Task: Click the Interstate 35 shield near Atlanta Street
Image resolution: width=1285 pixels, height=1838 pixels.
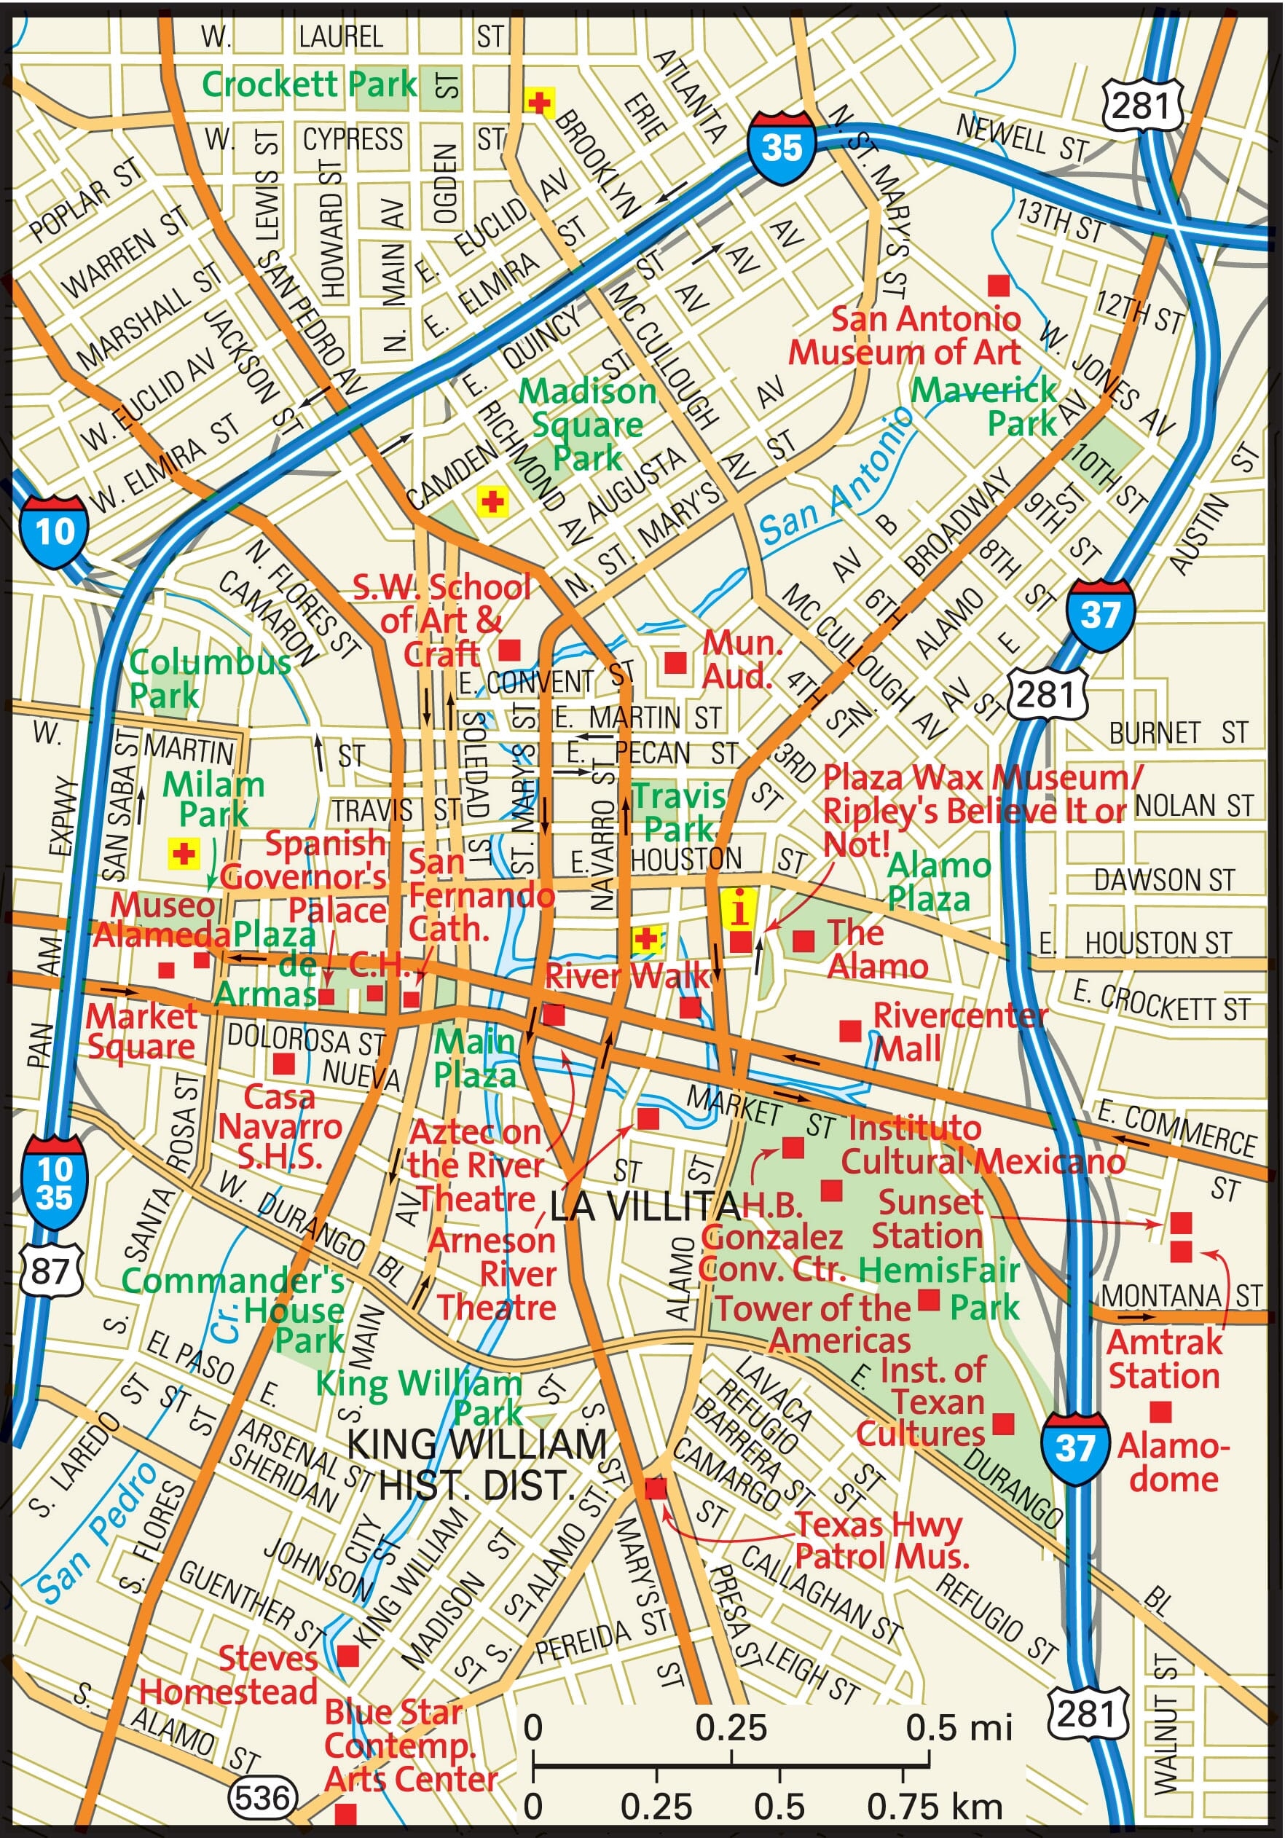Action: coord(782,148)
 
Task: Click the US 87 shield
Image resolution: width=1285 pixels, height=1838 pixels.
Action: coord(50,1271)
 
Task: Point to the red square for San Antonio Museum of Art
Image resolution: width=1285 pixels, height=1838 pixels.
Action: coord(997,285)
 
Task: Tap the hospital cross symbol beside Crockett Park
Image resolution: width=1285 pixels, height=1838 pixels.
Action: coord(539,103)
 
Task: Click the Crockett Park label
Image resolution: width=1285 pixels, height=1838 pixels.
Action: coord(309,84)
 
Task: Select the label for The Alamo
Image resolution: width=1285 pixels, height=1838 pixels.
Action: coord(876,949)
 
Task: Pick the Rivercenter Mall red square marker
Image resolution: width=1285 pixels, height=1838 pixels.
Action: coord(849,1030)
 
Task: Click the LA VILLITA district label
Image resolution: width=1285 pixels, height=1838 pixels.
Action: coord(645,1206)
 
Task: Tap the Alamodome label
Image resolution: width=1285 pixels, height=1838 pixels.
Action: coord(1173,1463)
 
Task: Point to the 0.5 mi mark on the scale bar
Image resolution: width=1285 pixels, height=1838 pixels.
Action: coord(929,1764)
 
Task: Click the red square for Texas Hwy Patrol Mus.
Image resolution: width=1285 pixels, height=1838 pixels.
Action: coord(655,1488)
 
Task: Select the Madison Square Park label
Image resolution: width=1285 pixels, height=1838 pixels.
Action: coord(588,425)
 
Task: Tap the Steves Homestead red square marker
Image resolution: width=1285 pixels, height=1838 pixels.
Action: coord(347,1655)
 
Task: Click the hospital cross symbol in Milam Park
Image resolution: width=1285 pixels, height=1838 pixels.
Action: coord(184,853)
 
